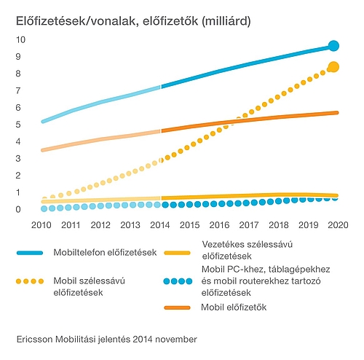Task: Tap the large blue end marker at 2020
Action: click(334, 46)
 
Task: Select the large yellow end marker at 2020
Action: click(334, 67)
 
